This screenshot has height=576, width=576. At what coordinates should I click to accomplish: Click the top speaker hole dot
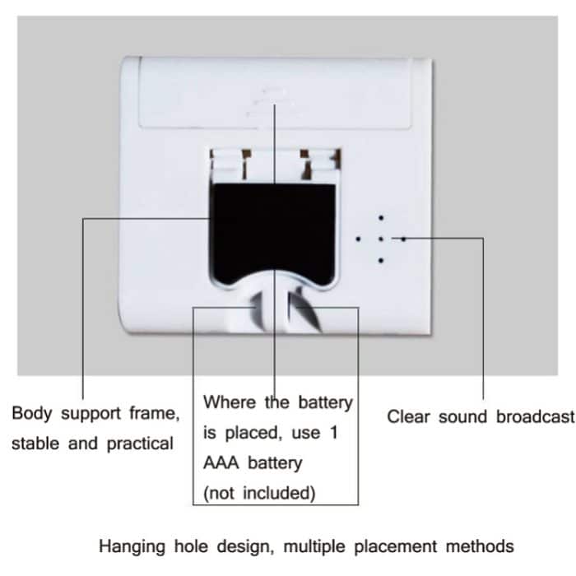(380, 218)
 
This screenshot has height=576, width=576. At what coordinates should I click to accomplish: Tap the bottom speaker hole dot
(380, 261)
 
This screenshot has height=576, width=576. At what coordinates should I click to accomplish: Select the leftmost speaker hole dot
(358, 239)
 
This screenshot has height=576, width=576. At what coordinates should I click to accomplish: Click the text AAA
(221, 463)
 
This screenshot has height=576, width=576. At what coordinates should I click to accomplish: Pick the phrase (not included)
(259, 494)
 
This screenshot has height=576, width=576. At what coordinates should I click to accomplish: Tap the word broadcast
(535, 416)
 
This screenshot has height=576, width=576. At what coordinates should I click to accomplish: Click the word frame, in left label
(154, 413)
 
